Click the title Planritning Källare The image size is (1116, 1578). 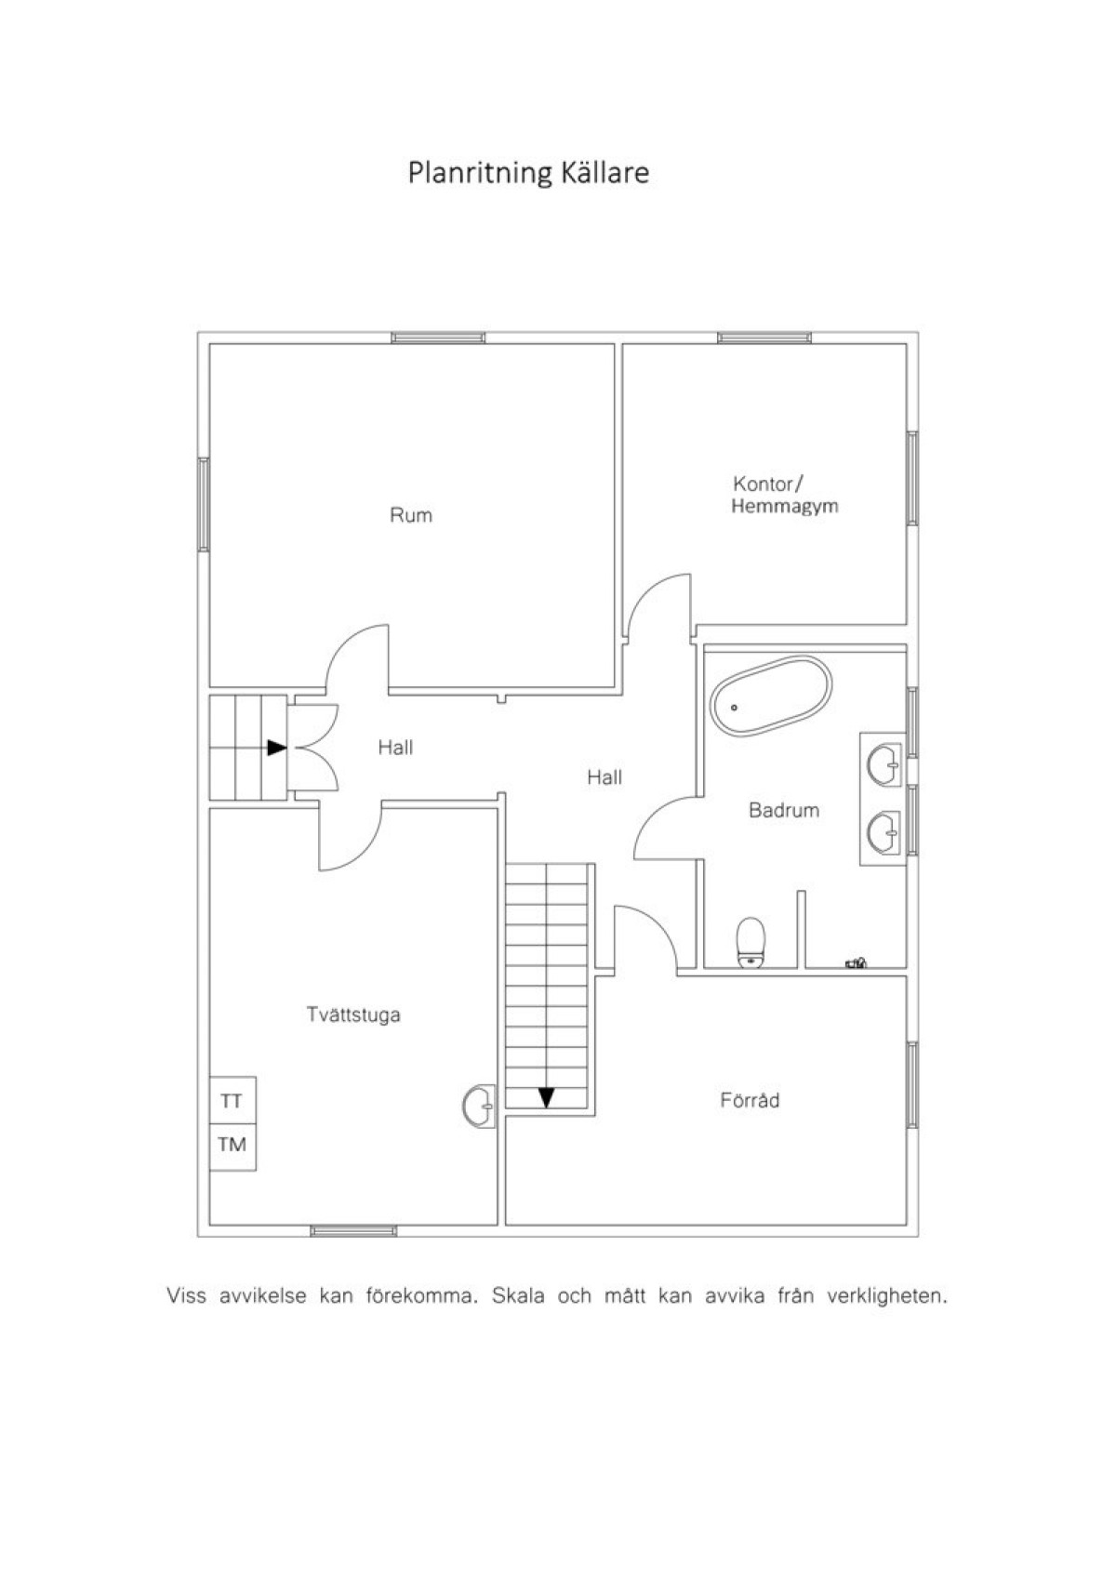point(528,173)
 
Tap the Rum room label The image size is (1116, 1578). point(411,515)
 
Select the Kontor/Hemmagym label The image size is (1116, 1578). point(784,496)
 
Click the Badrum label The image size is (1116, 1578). point(783,810)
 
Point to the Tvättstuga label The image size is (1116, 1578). point(353,1014)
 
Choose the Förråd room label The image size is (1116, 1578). point(750,1100)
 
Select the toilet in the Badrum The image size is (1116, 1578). point(751,943)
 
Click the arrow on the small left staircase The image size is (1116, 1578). point(277,748)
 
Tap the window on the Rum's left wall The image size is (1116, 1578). point(204,504)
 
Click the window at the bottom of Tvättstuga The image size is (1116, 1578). point(353,1231)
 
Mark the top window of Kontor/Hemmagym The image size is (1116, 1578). point(764,338)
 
